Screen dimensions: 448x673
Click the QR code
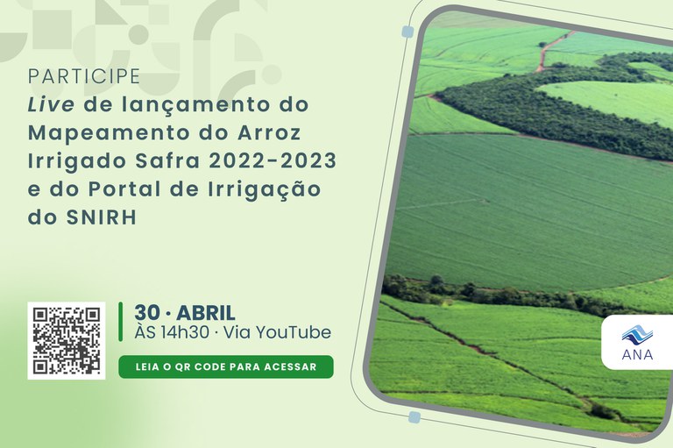(67, 340)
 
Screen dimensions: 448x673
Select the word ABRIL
(206, 312)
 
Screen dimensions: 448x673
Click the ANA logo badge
(637, 343)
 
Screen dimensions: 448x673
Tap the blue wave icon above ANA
(637, 334)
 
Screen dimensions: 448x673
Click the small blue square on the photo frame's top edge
(407, 32)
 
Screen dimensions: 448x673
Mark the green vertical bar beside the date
(121, 322)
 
